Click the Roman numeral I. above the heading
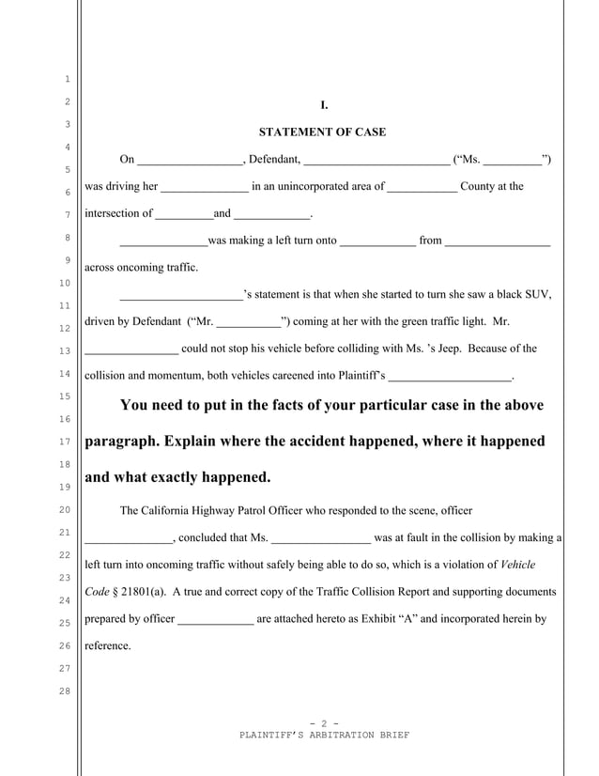pos(324,105)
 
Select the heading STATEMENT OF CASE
pos(322,132)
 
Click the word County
pos(478,186)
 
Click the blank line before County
pos(422,186)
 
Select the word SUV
pos(538,295)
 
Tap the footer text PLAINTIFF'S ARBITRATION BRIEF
pos(324,734)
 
